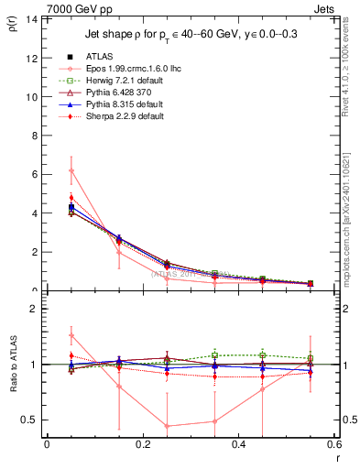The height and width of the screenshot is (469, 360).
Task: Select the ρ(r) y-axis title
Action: coord(14,25)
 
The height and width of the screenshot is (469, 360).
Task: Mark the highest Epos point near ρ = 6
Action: coord(71,170)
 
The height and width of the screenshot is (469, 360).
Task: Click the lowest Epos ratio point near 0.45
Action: coord(167,426)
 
